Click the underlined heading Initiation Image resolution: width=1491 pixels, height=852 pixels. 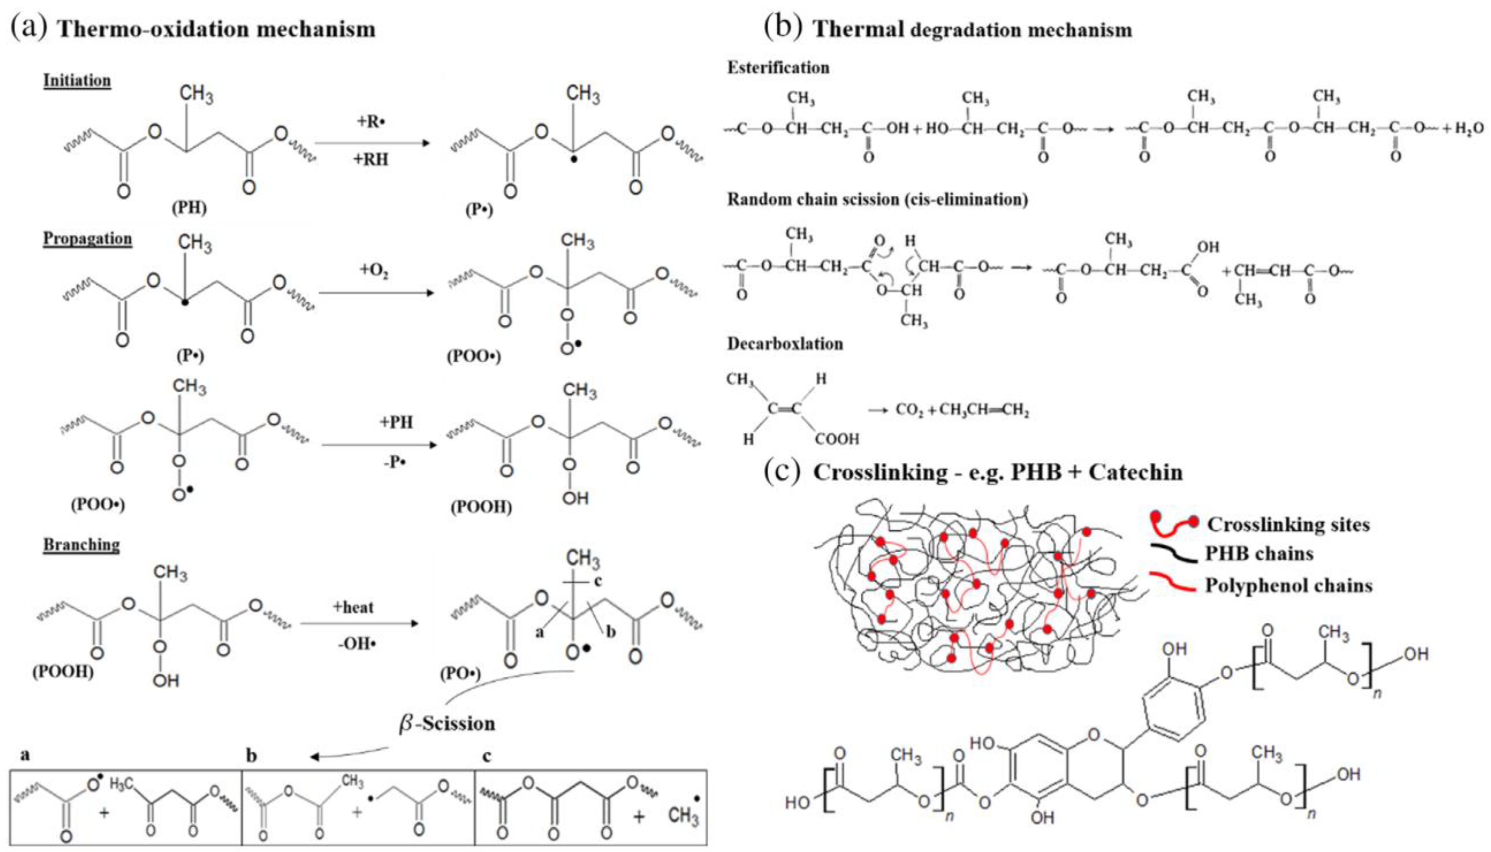tap(77, 80)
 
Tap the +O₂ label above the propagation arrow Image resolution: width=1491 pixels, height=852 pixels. tap(374, 270)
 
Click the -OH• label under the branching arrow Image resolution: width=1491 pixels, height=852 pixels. tap(356, 644)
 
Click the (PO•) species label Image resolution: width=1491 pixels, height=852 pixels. tap(460, 674)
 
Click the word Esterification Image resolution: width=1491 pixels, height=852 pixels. tap(778, 68)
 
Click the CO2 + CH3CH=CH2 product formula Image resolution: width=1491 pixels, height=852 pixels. tap(962, 410)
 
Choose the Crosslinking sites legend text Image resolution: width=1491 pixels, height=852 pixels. tap(1288, 524)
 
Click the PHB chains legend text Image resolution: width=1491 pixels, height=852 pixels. tap(1258, 554)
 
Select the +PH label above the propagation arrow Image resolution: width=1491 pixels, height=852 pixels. tap(396, 422)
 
